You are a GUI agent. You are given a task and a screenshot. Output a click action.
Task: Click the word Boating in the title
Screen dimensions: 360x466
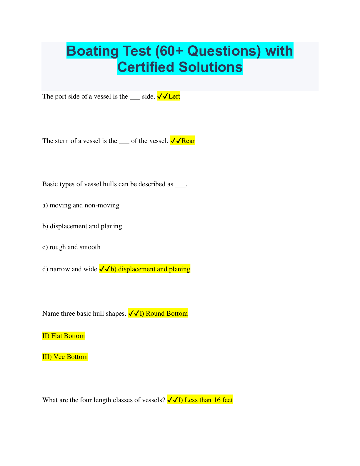[x=92, y=51]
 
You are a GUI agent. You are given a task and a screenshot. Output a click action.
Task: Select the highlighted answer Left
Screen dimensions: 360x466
[x=174, y=96]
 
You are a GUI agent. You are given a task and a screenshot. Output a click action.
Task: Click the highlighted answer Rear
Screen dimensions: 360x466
[x=188, y=141]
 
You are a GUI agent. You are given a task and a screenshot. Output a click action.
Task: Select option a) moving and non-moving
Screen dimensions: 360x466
[x=81, y=205]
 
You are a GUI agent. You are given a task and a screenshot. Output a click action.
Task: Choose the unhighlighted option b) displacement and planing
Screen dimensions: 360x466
[x=82, y=226]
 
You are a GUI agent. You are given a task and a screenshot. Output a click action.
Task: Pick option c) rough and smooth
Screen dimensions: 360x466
[x=71, y=247]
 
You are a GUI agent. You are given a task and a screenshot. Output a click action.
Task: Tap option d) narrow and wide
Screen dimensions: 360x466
[x=70, y=269]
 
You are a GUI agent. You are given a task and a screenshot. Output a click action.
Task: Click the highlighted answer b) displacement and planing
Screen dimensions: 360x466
[x=150, y=269]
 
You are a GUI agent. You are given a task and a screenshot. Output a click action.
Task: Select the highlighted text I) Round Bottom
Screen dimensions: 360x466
[x=164, y=314]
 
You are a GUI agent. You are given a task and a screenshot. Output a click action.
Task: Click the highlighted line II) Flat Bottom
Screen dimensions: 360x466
[x=64, y=336]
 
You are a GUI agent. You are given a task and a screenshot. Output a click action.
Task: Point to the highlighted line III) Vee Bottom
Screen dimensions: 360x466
[x=65, y=357]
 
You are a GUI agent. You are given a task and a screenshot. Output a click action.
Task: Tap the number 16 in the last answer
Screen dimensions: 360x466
[x=217, y=400]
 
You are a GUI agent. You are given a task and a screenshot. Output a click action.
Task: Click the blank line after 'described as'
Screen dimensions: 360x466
[x=180, y=187]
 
